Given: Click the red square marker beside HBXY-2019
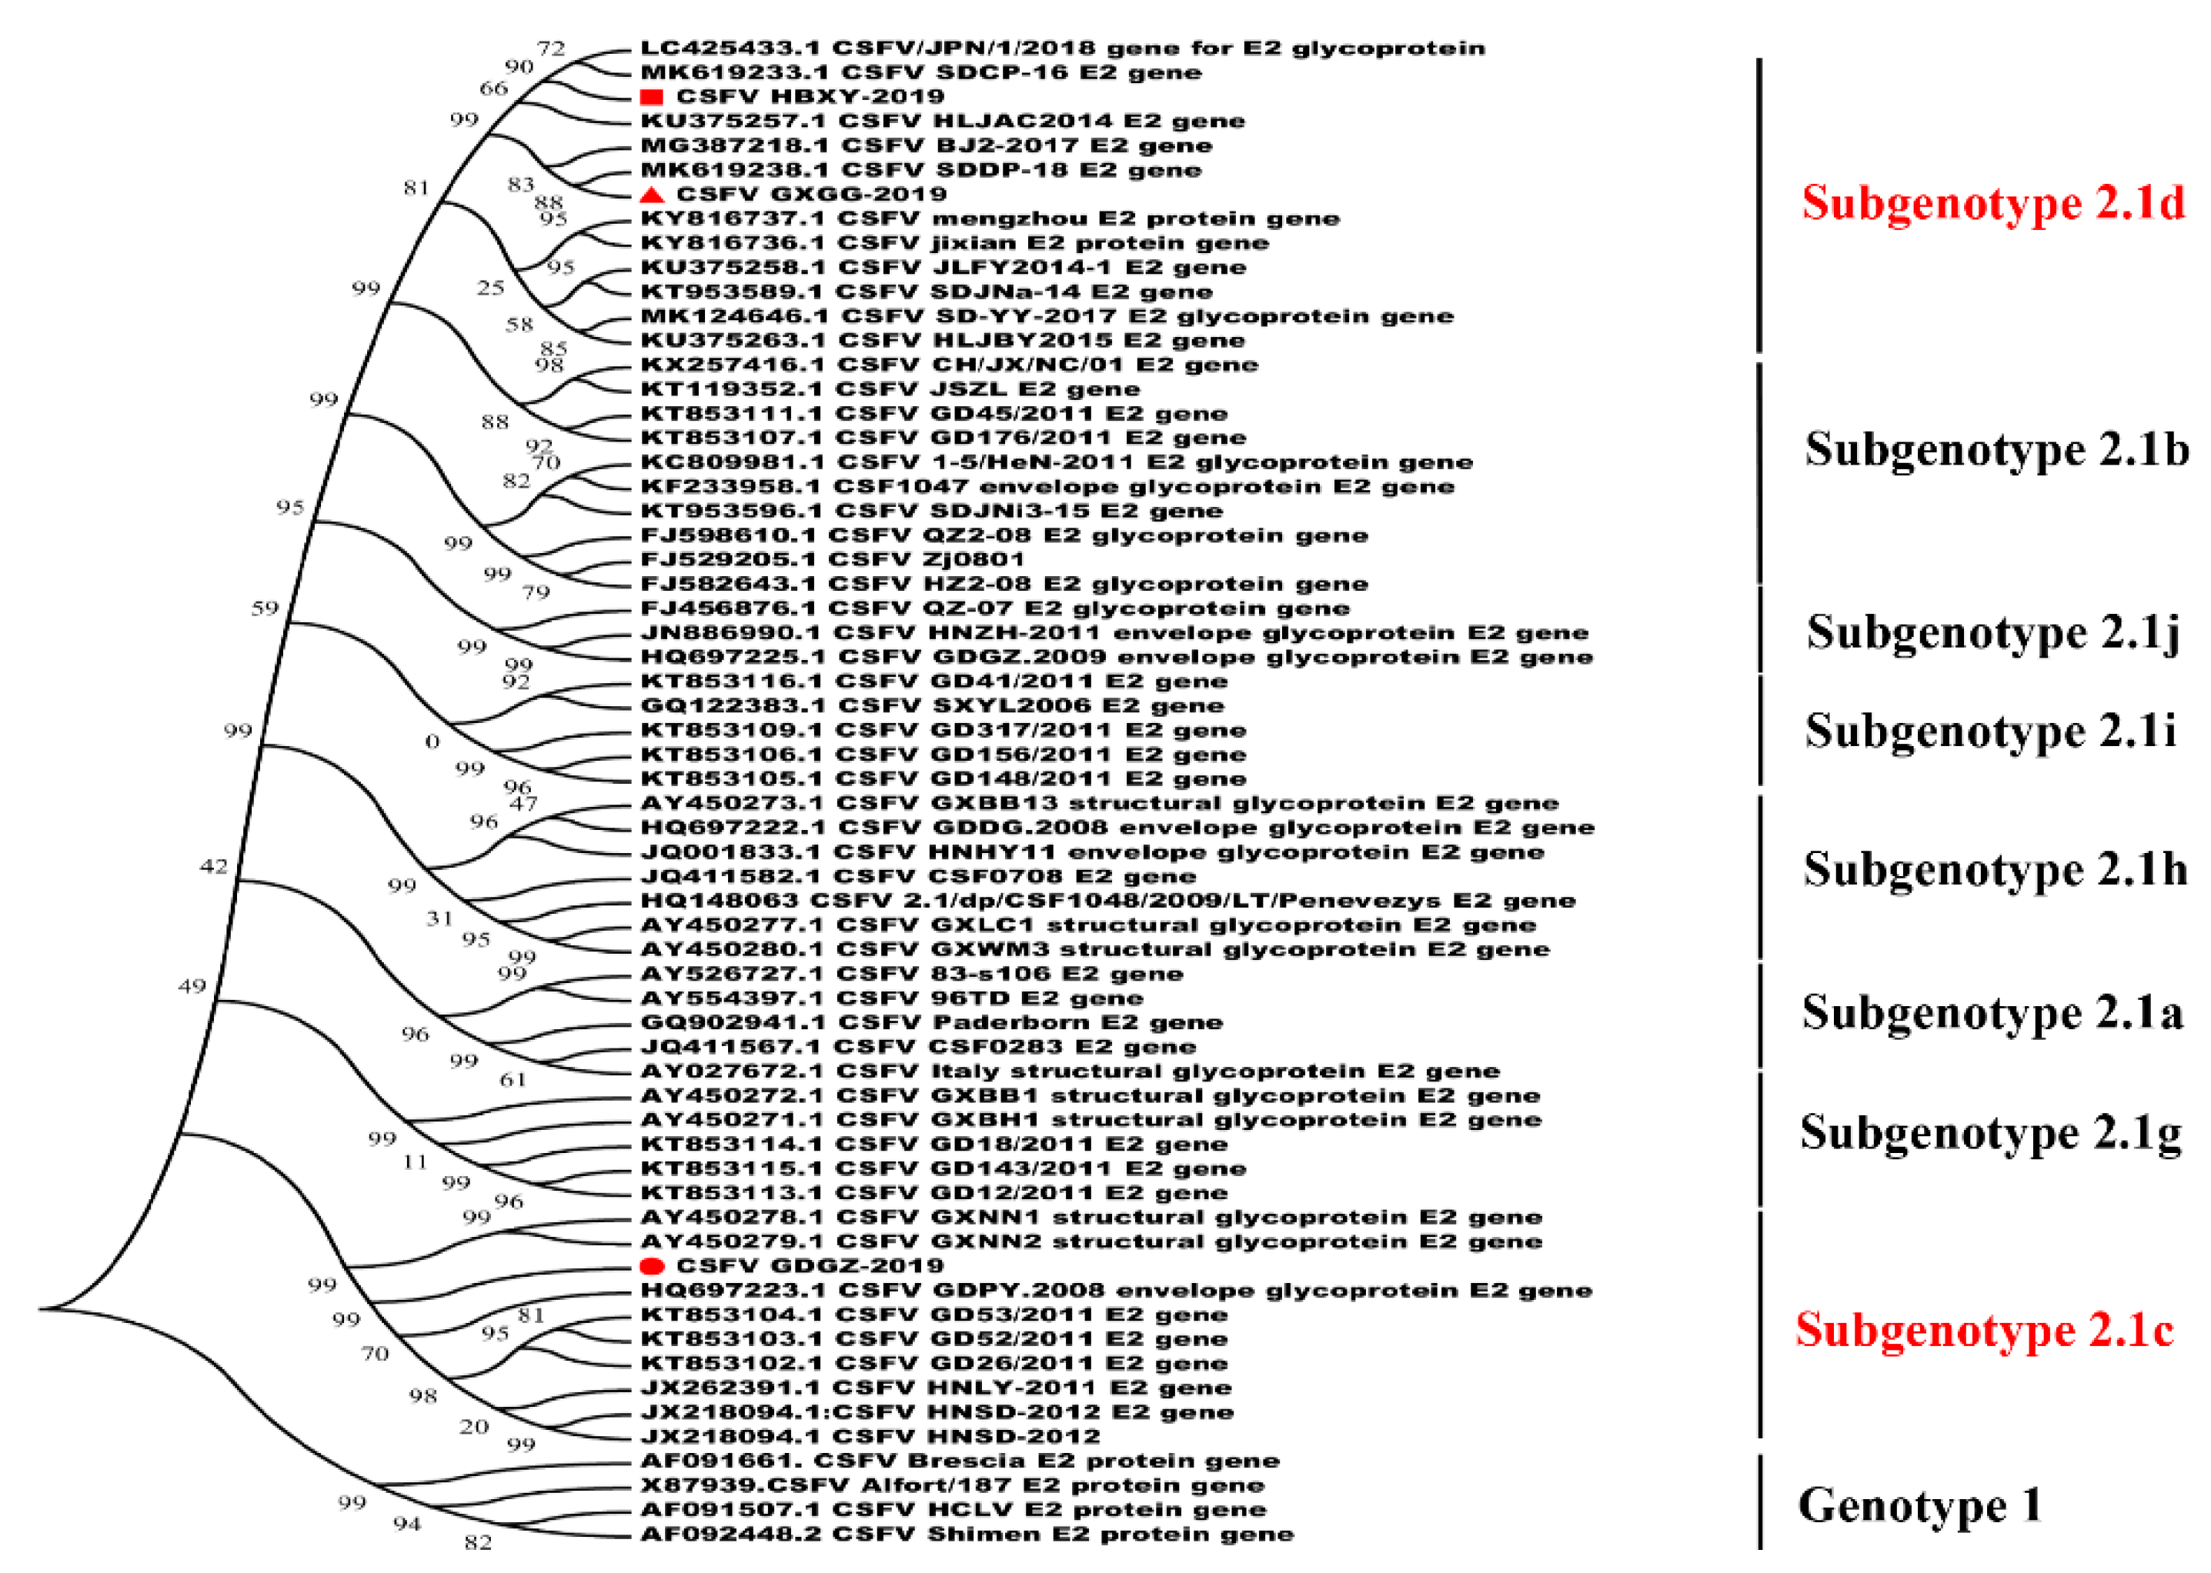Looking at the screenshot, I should [651, 97].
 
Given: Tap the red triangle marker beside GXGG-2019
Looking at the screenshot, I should [652, 195].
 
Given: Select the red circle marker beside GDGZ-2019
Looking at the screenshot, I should [652, 1266].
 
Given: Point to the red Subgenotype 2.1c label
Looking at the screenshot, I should [1984, 1329].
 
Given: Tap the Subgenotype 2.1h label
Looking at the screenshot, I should [1994, 869].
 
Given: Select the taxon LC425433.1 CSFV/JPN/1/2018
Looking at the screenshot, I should [1062, 48].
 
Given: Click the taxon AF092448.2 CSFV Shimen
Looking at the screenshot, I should [966, 1535].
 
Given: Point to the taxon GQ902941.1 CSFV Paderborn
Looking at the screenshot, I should [931, 1021].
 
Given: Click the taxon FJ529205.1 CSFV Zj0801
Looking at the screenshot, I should [831, 559].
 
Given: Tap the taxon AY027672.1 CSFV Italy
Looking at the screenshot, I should [1070, 1071].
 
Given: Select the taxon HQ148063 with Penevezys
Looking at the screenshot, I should [1107, 901].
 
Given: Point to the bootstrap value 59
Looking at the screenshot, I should [265, 608].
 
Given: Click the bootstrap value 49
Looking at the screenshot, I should [192, 986].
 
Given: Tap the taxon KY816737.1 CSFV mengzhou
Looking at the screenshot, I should [989, 219].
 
